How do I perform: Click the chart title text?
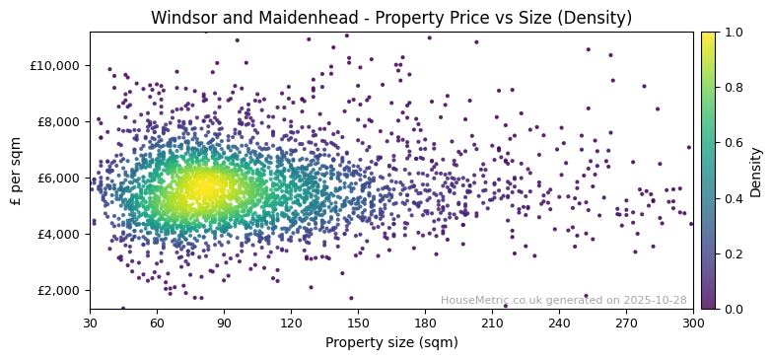click(391, 18)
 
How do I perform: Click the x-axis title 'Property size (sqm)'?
click(391, 343)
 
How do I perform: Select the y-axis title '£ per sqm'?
click(17, 171)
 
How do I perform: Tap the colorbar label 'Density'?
click(756, 171)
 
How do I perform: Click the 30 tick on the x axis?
click(90, 323)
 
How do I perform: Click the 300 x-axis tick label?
click(693, 323)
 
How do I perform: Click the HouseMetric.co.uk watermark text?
click(563, 301)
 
